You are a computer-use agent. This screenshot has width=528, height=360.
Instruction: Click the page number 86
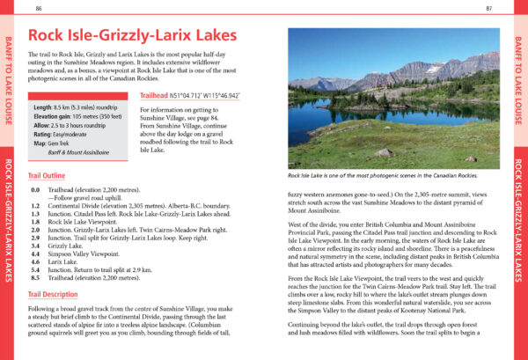click(39, 8)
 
